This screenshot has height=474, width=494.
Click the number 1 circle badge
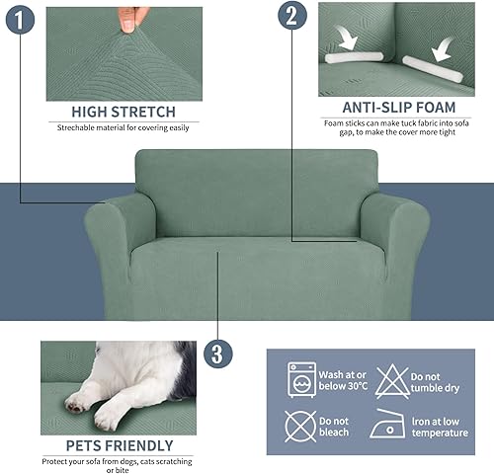[18, 19]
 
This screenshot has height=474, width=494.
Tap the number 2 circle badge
[290, 16]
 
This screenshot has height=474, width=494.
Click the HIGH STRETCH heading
[123, 112]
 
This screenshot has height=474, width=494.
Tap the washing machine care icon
[300, 378]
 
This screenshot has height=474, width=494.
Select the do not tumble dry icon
[392, 378]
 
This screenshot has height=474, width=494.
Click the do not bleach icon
[300, 426]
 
